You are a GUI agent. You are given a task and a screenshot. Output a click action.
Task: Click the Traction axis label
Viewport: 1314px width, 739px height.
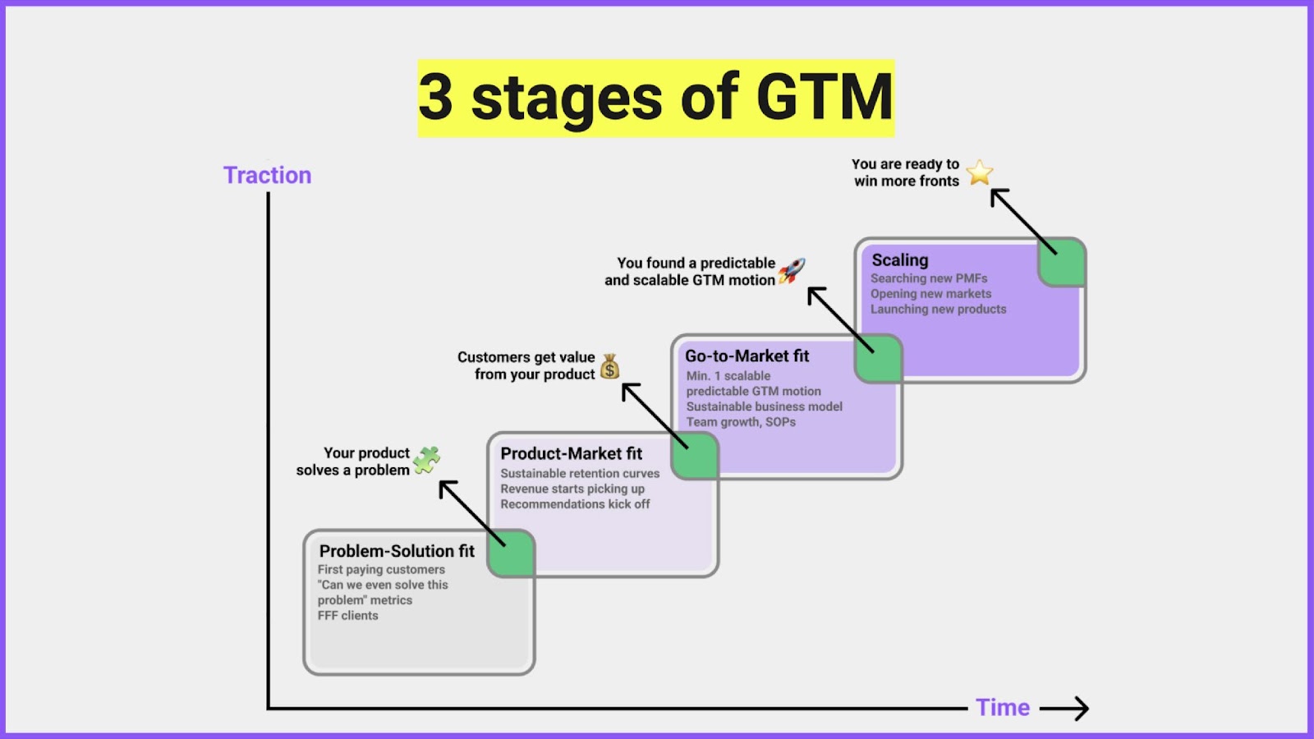(x=267, y=175)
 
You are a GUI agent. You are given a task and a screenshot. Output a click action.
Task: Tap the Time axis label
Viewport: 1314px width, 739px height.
(x=1002, y=707)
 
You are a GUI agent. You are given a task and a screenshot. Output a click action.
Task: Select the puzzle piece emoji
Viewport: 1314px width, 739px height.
(x=426, y=461)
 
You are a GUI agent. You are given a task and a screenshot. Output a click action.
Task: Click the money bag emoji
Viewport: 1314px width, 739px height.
(x=609, y=366)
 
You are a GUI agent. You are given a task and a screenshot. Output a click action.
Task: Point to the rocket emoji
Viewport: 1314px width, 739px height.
(x=792, y=270)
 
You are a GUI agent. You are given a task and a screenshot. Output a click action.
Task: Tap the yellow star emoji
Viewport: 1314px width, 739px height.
(x=979, y=172)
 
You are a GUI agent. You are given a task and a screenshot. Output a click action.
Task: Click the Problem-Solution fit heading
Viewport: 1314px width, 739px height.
(x=397, y=551)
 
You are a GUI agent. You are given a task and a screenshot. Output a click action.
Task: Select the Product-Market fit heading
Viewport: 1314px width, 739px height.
(x=571, y=453)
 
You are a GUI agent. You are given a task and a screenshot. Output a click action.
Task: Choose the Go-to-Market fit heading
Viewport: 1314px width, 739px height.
(x=747, y=356)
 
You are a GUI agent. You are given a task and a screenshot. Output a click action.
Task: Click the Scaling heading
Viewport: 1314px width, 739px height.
(x=899, y=259)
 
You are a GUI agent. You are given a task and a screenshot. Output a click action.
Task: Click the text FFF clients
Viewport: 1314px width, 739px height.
(x=348, y=615)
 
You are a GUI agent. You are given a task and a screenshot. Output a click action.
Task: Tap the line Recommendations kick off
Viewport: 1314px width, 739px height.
(x=575, y=504)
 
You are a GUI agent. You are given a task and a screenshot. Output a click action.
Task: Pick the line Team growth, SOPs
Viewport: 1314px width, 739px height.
(x=741, y=422)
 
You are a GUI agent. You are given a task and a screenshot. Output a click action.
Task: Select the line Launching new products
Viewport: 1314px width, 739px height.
(x=938, y=309)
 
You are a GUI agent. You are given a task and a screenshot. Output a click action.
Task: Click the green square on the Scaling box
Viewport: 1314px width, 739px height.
(x=1062, y=262)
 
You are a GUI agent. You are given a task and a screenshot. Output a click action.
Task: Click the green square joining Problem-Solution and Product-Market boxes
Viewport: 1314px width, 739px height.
(x=511, y=553)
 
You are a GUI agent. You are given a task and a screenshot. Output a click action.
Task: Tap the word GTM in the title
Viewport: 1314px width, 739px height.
(x=823, y=97)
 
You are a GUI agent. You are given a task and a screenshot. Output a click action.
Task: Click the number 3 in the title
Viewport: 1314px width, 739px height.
(x=436, y=97)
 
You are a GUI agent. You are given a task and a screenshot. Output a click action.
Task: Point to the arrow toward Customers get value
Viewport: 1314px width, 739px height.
(x=654, y=415)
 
